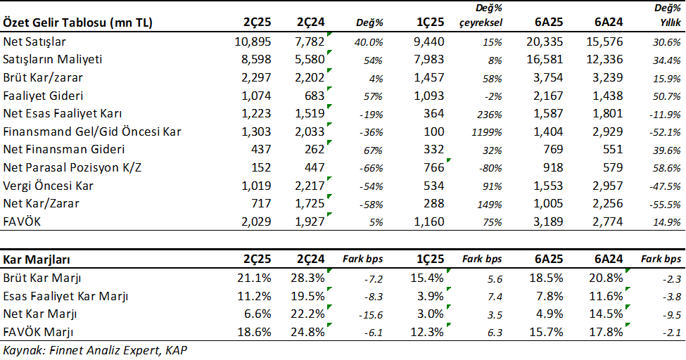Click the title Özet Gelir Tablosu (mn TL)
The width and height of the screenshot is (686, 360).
[x=78, y=23]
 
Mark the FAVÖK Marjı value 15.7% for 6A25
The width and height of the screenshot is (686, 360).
[x=547, y=331]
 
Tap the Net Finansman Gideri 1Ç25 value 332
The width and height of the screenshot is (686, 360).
[x=432, y=150]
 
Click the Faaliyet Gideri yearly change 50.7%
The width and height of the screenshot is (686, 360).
[x=667, y=96]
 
